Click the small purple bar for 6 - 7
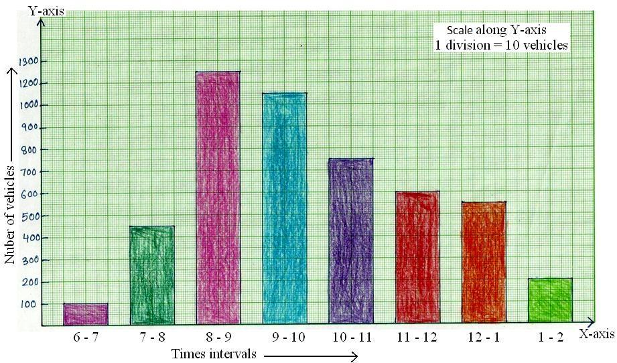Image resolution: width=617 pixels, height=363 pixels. click(86, 314)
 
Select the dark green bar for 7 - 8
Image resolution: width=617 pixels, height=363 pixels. click(152, 275)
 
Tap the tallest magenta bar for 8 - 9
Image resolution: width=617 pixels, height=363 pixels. click(218, 198)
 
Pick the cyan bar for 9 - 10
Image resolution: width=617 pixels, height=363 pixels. click(285, 209)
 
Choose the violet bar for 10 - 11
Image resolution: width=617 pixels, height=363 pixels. click(351, 242)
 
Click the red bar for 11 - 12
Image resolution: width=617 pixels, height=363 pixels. click(417, 259)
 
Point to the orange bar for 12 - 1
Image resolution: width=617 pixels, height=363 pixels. click(483, 263)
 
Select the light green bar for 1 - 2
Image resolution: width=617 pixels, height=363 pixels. click(550, 301)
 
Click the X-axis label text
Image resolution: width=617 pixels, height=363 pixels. click(596, 334)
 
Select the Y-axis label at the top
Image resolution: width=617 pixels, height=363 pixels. click(41, 9)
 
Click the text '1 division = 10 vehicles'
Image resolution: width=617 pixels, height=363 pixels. click(501, 46)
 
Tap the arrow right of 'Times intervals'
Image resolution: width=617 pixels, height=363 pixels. click(311, 356)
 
